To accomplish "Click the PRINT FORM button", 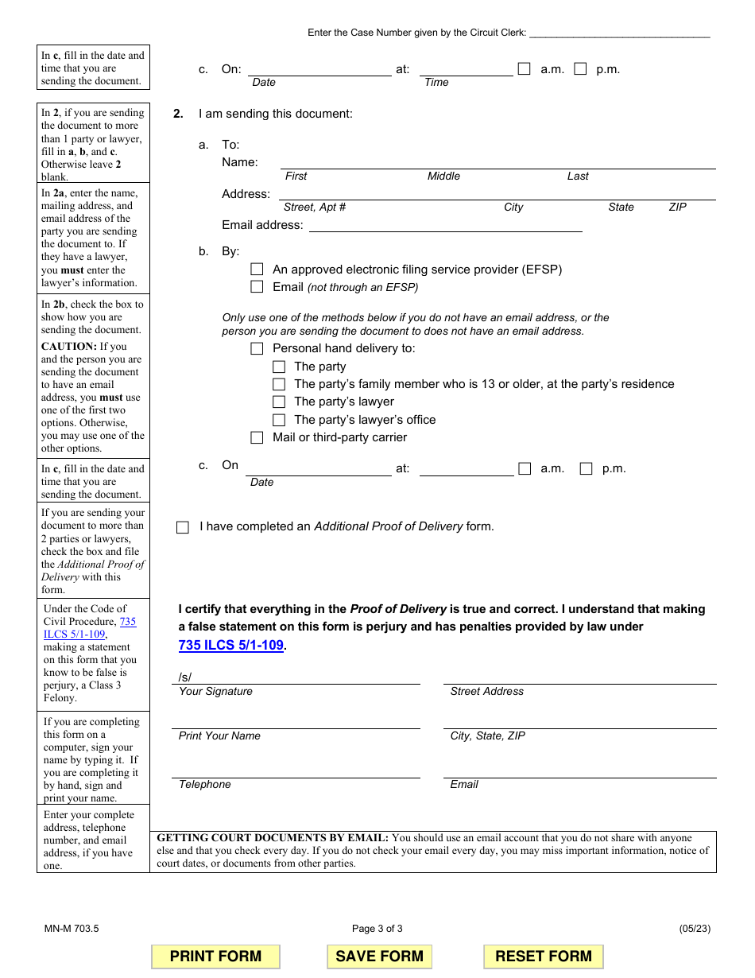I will click(x=215, y=957).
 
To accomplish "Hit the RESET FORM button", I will click(x=544, y=957).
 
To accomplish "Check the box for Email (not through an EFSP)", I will click(x=257, y=287).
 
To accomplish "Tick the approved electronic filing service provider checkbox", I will click(x=257, y=270).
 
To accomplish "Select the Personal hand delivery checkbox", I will click(x=257, y=348).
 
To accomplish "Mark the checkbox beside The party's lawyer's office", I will click(x=279, y=420).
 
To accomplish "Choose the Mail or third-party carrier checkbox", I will click(x=257, y=437).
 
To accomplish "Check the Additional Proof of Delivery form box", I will click(x=183, y=527).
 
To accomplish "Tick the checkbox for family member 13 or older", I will click(x=279, y=384).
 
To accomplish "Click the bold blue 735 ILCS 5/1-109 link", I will click(x=230, y=646).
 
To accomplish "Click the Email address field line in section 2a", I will click(x=445, y=226).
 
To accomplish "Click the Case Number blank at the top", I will click(x=619, y=33).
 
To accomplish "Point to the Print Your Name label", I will click(x=219, y=736).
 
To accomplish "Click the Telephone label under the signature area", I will click(x=205, y=785).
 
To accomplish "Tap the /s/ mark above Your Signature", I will click(x=185, y=677).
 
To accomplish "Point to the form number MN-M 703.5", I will click(x=72, y=929).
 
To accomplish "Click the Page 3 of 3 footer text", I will click(x=377, y=929).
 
